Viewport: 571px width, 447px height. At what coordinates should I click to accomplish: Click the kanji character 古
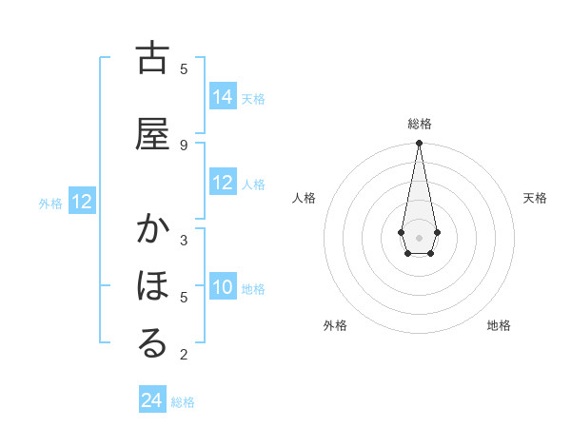click(152, 59)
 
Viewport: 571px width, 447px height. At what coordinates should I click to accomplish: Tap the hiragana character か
click(152, 230)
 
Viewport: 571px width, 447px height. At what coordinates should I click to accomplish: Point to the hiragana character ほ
click(152, 286)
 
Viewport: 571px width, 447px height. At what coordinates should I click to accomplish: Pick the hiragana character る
click(152, 344)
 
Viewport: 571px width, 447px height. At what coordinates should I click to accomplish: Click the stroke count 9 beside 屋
click(184, 145)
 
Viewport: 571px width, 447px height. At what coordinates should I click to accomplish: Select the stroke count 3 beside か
click(184, 240)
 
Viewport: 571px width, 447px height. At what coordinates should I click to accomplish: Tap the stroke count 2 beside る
click(184, 355)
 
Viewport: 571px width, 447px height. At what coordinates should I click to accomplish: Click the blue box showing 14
click(223, 96)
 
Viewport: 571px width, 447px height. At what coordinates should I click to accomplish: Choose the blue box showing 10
click(223, 287)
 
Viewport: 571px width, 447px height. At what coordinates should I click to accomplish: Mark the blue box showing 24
click(152, 400)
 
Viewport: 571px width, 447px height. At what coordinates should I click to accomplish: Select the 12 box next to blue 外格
click(82, 202)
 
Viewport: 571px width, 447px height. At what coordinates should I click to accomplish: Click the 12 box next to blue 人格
click(223, 183)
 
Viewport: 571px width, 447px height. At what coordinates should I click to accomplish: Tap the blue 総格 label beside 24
click(183, 402)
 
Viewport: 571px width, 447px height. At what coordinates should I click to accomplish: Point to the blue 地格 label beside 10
click(253, 289)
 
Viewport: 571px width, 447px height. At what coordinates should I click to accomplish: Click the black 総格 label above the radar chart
click(419, 124)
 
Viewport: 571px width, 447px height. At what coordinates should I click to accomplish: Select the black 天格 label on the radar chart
click(536, 198)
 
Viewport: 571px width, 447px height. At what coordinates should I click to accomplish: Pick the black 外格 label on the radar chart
click(335, 325)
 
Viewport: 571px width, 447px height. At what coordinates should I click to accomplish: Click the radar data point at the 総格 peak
click(419, 144)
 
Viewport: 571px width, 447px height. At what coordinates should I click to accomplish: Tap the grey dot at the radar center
click(419, 236)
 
